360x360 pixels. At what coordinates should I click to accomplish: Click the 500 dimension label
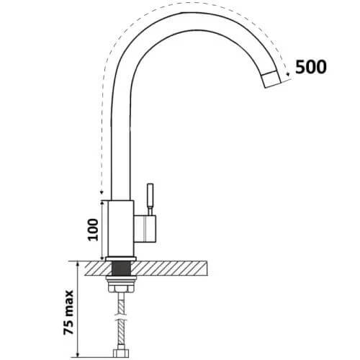point(311,66)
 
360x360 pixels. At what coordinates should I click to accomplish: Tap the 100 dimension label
point(94,230)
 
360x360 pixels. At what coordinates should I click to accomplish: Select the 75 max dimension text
point(68,312)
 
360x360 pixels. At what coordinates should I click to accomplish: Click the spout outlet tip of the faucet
point(272,80)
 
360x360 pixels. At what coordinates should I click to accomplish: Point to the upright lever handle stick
point(150,195)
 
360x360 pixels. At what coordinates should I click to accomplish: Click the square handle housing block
point(145,229)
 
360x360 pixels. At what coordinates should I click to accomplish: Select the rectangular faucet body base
point(121,228)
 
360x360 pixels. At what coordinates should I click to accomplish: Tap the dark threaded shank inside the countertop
point(122,269)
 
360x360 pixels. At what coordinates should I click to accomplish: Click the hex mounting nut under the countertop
point(121,288)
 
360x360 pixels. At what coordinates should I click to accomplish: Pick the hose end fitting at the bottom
point(121,354)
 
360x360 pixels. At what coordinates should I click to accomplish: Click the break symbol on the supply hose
point(121,317)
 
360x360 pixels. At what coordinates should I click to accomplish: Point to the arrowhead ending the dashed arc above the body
point(102,192)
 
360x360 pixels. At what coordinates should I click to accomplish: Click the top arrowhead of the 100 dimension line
point(103,202)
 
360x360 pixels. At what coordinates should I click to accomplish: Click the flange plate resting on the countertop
point(121,259)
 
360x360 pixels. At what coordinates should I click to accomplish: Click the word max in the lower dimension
point(68,301)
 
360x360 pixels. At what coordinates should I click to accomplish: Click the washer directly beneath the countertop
point(121,278)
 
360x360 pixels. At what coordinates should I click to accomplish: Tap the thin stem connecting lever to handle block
point(150,211)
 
